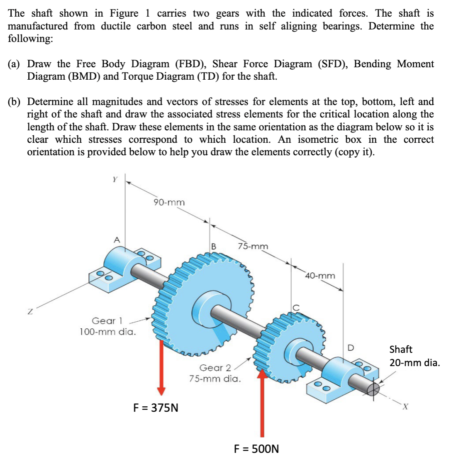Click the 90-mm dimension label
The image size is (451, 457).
(169, 203)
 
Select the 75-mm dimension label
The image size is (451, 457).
(253, 246)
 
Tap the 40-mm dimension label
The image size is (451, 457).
(321, 276)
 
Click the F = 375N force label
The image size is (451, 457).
(156, 407)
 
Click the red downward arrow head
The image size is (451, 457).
(161, 391)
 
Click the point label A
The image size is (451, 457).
(117, 239)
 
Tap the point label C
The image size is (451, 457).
(296, 308)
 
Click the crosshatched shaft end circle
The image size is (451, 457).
(374, 389)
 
